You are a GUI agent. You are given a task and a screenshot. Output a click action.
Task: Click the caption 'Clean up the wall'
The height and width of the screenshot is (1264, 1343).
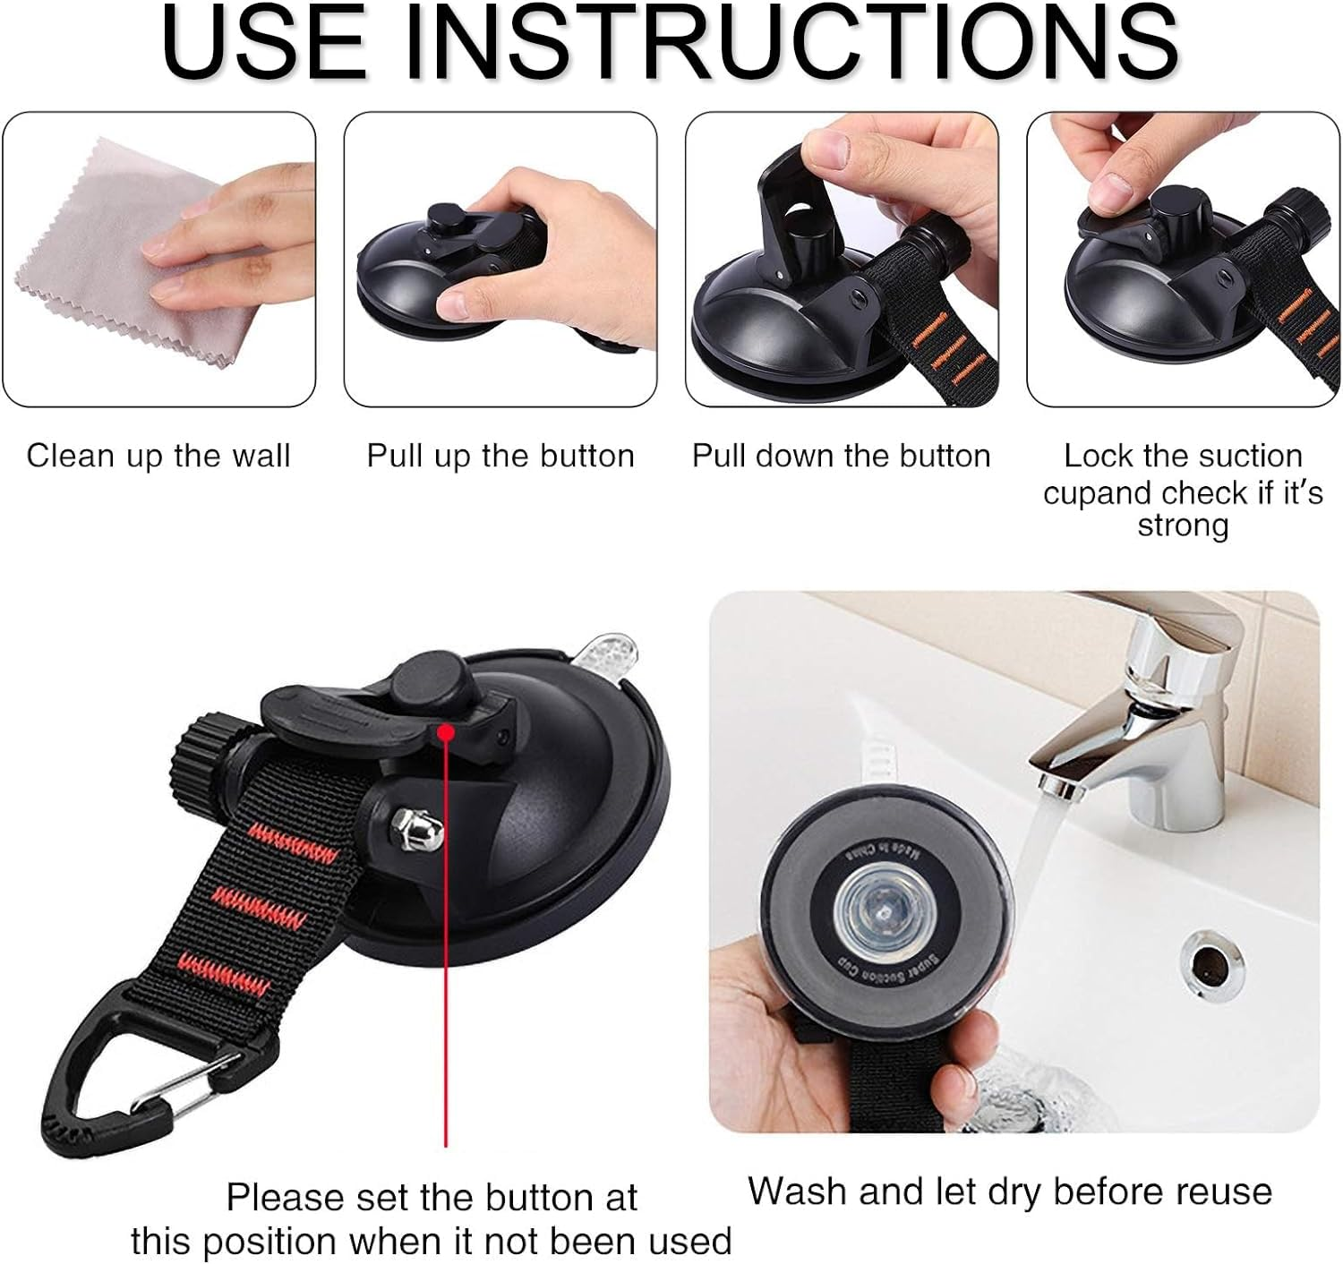click(x=158, y=456)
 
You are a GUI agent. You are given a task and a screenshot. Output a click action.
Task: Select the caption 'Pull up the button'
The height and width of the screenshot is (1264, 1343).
click(x=500, y=456)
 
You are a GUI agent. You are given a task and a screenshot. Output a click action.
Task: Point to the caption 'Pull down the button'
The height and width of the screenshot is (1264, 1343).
click(x=841, y=456)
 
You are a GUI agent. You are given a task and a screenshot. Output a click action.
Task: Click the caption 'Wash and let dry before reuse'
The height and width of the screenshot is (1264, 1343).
click(x=1009, y=1191)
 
